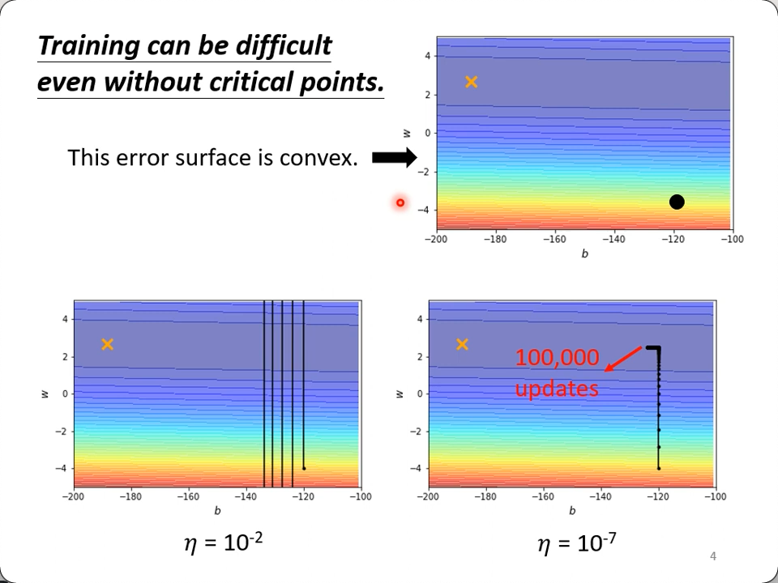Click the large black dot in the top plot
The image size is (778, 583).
click(x=677, y=202)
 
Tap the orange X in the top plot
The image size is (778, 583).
click(x=471, y=82)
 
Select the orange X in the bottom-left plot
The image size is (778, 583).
click(x=107, y=344)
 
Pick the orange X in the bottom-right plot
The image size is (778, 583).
click(x=462, y=344)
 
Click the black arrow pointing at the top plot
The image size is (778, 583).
click(x=394, y=158)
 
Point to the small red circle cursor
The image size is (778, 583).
click(x=400, y=202)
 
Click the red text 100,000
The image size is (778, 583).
click(x=557, y=358)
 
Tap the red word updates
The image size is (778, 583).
click(x=557, y=389)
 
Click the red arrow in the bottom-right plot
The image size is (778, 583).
click(x=622, y=359)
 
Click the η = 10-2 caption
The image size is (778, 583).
click(x=224, y=541)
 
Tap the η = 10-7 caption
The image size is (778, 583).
click(x=577, y=543)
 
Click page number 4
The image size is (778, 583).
click(x=712, y=555)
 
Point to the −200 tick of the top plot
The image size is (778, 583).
click(x=436, y=239)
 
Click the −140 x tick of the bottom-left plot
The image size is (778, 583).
click(x=245, y=496)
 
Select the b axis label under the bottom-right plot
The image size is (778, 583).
click(x=571, y=511)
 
